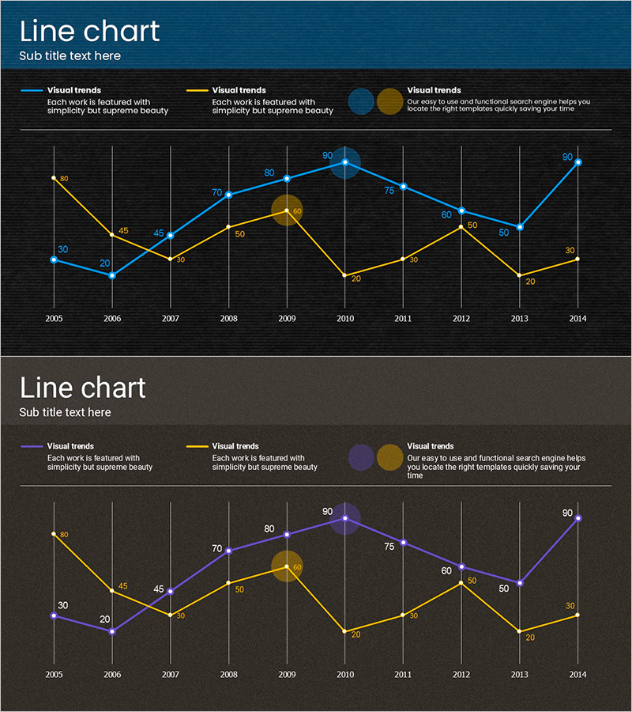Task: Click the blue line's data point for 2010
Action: tap(345, 162)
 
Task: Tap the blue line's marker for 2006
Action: tap(112, 275)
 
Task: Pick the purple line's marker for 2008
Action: tap(228, 551)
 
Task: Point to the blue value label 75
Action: tap(389, 191)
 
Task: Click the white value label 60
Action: tap(446, 570)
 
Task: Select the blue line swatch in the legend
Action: tap(32, 91)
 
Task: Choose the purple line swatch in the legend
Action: tap(32, 447)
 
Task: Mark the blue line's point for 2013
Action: tap(520, 227)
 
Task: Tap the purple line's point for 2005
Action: tap(54, 615)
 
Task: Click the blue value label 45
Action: tap(159, 233)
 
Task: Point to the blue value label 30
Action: tap(63, 250)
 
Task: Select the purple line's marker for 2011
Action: tap(404, 543)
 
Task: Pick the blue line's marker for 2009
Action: tap(287, 178)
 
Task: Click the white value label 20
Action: tap(105, 619)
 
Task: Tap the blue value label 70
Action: tap(217, 192)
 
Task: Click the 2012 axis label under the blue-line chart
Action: tap(462, 318)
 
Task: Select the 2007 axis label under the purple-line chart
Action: tap(171, 674)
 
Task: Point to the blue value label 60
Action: tap(446, 214)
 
